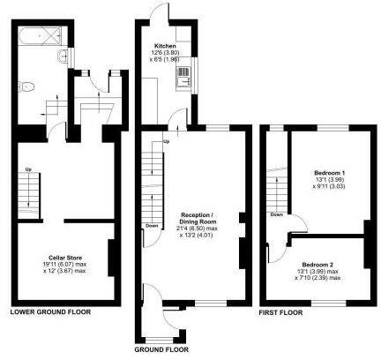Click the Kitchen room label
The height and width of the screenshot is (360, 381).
click(x=165, y=45)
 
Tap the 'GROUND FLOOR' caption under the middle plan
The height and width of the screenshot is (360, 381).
click(x=161, y=349)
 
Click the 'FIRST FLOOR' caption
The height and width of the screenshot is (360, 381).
click(x=280, y=312)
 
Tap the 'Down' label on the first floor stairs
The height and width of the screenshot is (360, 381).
click(x=277, y=214)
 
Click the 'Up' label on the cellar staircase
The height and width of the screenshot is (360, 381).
click(x=28, y=170)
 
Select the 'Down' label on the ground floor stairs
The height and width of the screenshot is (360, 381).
click(x=151, y=225)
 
